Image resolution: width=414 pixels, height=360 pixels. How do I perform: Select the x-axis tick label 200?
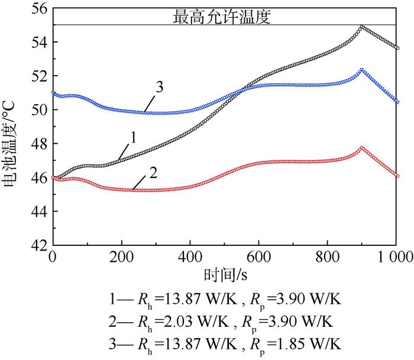click(x=121, y=257)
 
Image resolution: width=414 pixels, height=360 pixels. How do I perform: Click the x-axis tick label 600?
click(x=258, y=257)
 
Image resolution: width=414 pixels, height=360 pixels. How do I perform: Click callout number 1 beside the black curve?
click(x=134, y=138)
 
